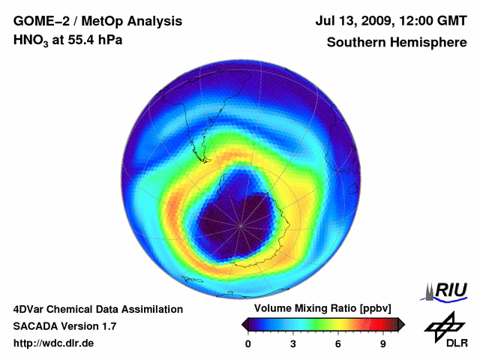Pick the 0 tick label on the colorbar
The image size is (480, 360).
tap(248, 343)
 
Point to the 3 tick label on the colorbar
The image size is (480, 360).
tap(293, 343)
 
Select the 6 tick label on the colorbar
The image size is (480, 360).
tap(338, 343)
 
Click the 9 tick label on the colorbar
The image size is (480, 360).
tap(382, 343)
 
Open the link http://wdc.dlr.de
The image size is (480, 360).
tap(53, 343)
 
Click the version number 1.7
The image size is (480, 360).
tap(107, 326)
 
